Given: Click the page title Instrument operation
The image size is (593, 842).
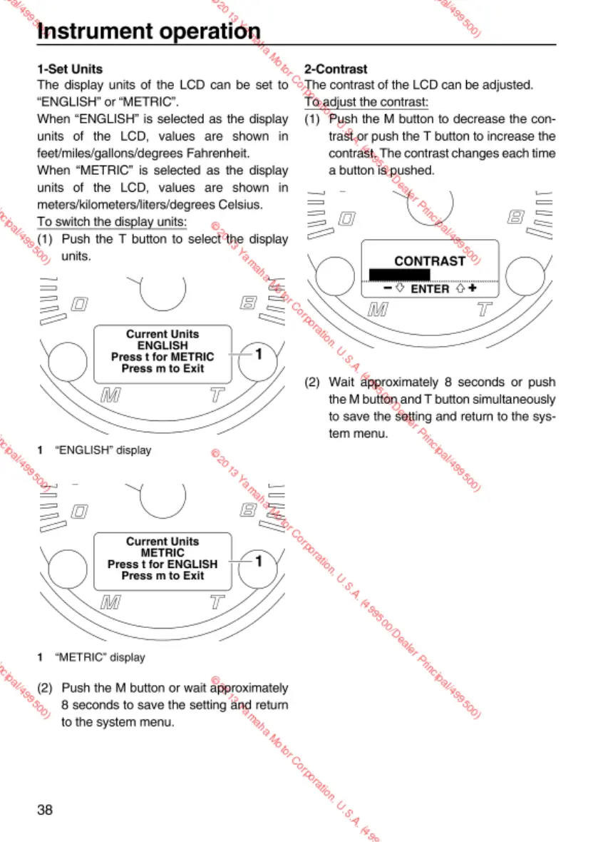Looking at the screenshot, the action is click(148, 32).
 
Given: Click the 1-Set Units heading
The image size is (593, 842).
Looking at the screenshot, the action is click(70, 69).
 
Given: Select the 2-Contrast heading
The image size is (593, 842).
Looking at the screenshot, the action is click(336, 69).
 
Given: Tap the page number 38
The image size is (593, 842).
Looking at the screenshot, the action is click(46, 810).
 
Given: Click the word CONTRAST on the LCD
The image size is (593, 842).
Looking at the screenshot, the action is click(429, 261).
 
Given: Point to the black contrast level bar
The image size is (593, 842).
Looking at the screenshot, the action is click(399, 274).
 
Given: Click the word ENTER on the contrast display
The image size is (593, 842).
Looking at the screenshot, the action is click(430, 289).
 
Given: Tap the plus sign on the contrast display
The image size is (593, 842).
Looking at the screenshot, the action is click(472, 288).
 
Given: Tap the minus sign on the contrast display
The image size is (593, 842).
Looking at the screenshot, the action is click(387, 288).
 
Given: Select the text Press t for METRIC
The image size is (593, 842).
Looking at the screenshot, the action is click(163, 357).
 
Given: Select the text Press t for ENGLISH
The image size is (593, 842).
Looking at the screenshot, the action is click(163, 564).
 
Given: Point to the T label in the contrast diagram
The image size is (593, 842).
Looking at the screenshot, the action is click(485, 310).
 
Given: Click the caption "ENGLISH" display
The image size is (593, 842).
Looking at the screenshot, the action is click(103, 450).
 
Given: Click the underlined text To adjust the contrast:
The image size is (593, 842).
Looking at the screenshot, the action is click(366, 102).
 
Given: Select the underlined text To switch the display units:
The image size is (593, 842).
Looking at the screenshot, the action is click(112, 222).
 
